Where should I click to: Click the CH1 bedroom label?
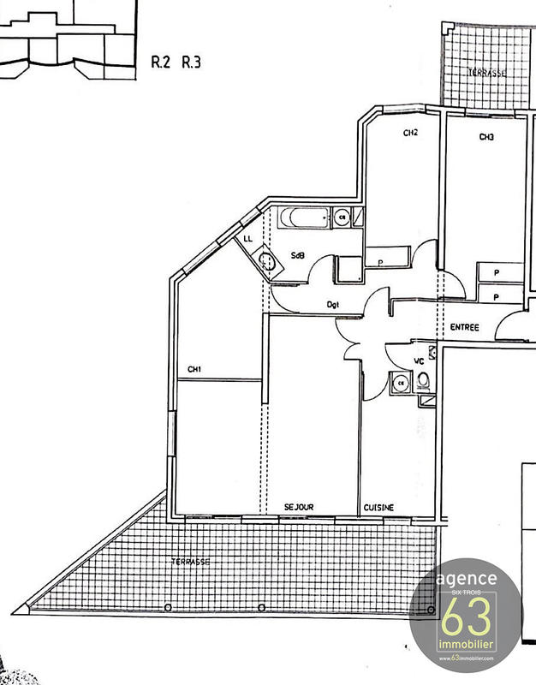click(194, 369)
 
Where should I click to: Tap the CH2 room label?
click(410, 133)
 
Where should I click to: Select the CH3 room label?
click(486, 137)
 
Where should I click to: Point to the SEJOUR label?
click(299, 507)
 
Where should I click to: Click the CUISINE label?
click(378, 507)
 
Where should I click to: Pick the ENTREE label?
click(464, 327)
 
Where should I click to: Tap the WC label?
click(420, 362)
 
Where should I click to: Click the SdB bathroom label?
click(299, 255)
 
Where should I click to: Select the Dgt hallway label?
click(335, 303)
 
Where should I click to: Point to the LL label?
click(247, 238)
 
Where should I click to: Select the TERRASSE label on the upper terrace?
click(486, 73)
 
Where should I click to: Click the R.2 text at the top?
click(160, 62)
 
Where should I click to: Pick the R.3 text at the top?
click(190, 62)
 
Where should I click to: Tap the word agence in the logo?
click(467, 579)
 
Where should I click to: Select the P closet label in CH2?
click(378, 263)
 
